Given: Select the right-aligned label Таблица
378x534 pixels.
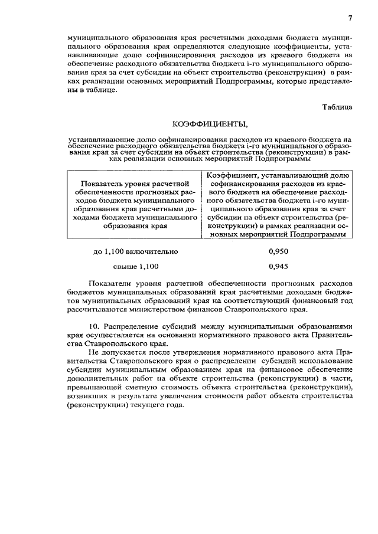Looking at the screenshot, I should pos(337,107).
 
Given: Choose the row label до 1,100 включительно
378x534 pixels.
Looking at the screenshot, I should pos(136,251).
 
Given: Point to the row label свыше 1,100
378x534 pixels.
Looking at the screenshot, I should pos(136,266).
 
